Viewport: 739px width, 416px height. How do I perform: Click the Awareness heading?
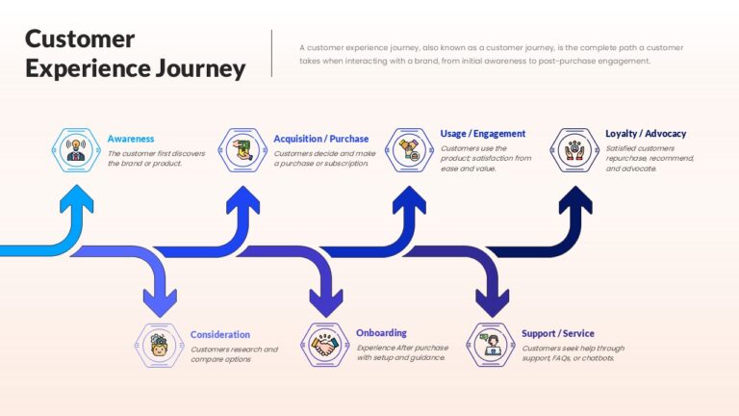point(131,139)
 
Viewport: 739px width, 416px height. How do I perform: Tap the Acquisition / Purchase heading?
point(321,139)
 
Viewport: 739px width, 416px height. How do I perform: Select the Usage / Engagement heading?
point(483,134)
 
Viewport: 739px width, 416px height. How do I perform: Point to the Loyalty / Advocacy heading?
point(646,134)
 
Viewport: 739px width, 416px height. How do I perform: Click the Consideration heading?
point(220,334)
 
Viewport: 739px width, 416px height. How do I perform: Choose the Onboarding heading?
point(381,333)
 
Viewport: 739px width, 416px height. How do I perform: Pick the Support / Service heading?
point(557,333)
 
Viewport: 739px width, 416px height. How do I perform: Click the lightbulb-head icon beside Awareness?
point(76,150)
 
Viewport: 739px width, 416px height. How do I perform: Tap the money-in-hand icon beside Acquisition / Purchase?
point(242,150)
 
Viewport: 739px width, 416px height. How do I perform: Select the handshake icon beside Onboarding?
point(324,345)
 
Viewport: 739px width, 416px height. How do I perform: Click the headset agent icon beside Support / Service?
point(491,345)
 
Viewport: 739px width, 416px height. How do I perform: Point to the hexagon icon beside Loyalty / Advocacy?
point(574,150)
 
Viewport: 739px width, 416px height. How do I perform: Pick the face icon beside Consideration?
point(160,346)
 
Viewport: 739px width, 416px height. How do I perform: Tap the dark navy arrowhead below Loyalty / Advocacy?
point(575,199)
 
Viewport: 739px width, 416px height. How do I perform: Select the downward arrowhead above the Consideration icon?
point(160,302)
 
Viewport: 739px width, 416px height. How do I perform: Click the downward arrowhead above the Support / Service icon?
point(492,302)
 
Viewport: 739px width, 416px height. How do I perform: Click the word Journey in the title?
point(201,69)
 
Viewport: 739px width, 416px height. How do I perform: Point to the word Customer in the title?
point(80,39)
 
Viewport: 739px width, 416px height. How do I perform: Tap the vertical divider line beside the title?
point(271,53)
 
